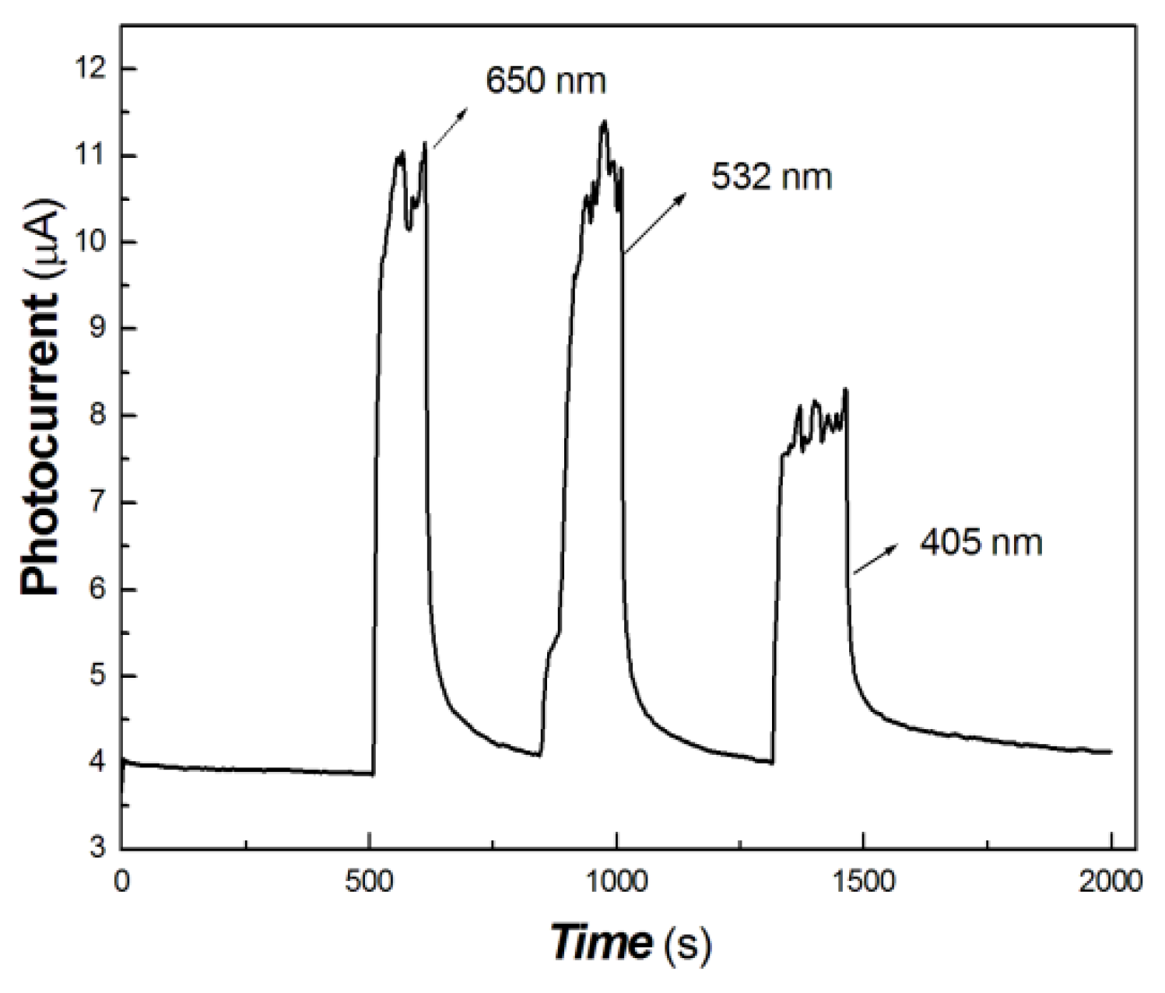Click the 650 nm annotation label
pyautogui.click(x=546, y=80)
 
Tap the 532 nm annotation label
pyautogui.click(x=771, y=177)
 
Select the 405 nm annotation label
pyautogui.click(x=981, y=542)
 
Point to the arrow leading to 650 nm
pyautogui.click(x=450, y=128)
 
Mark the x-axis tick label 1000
pyautogui.click(x=616, y=881)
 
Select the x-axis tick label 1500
pyautogui.click(x=863, y=881)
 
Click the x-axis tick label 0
pyautogui.click(x=122, y=881)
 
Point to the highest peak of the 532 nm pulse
pyautogui.click(x=604, y=121)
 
